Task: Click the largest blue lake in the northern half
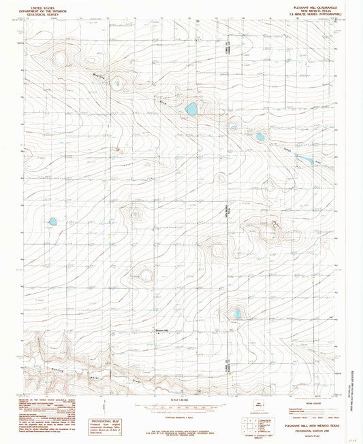click(x=192, y=108)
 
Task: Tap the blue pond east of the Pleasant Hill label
click(x=237, y=313)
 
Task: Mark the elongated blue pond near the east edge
click(x=304, y=160)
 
